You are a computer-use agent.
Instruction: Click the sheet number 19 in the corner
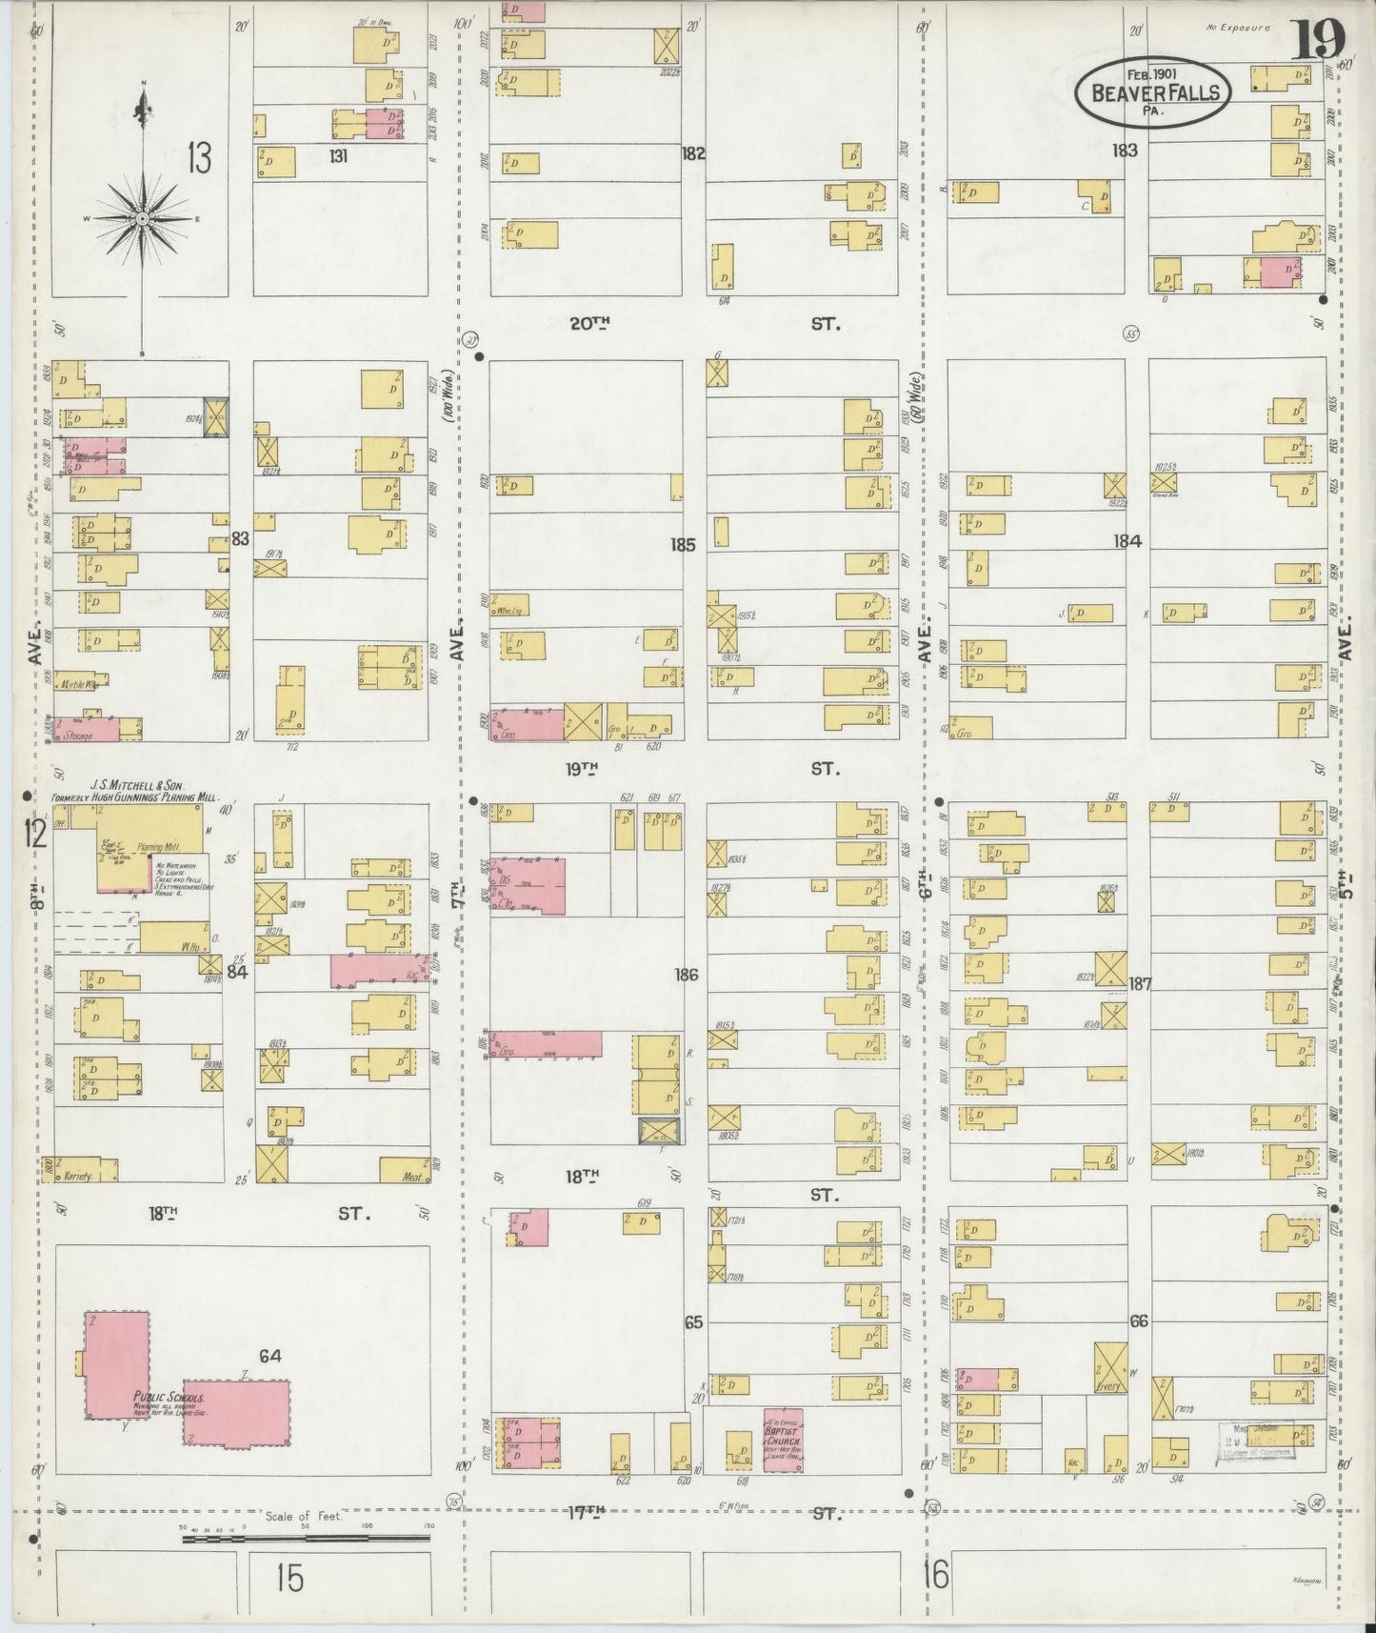tap(1320, 39)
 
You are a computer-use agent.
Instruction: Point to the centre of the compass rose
tap(142, 219)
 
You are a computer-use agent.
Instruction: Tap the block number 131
tap(337, 155)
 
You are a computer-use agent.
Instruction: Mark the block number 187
tap(1140, 983)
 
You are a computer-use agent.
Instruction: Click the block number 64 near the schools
tap(270, 1355)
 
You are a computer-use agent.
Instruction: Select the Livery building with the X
tap(1109, 1367)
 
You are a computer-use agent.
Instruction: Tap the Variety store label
tap(78, 1176)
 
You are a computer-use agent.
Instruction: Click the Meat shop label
tap(412, 1177)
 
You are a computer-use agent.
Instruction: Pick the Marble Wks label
tap(81, 683)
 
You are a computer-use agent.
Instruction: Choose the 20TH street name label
tap(588, 324)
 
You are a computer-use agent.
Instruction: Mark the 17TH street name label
tap(588, 1511)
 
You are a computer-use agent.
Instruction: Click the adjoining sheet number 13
tap(198, 157)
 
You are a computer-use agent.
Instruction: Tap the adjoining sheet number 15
tap(289, 1578)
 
